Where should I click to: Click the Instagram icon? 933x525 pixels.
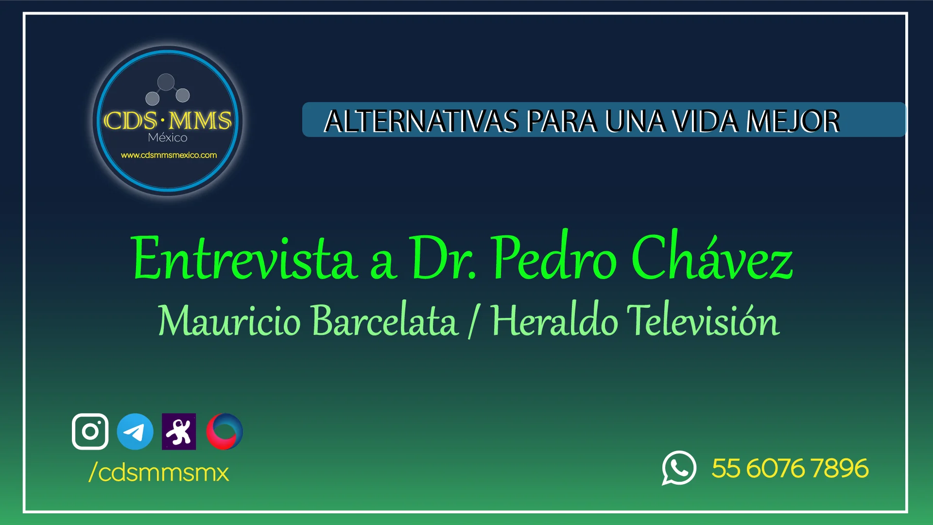point(90,431)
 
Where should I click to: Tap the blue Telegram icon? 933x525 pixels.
point(135,431)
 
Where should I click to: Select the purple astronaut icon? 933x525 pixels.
point(179,431)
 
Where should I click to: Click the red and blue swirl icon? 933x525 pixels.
point(225,431)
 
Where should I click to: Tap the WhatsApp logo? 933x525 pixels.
point(679,468)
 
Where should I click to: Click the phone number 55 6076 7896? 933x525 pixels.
point(790,468)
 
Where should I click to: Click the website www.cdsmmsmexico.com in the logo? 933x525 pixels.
point(169,155)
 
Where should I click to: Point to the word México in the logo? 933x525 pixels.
point(168,138)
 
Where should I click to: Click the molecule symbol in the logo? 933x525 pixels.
point(167,89)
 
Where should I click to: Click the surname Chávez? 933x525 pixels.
point(712,257)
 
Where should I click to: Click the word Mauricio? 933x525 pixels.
point(229,320)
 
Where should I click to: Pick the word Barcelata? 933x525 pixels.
point(384,320)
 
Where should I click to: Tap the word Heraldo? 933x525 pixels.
point(554,320)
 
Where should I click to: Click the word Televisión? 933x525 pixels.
point(703,320)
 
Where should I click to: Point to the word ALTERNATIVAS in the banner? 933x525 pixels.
point(421,121)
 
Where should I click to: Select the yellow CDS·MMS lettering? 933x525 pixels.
point(168,120)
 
